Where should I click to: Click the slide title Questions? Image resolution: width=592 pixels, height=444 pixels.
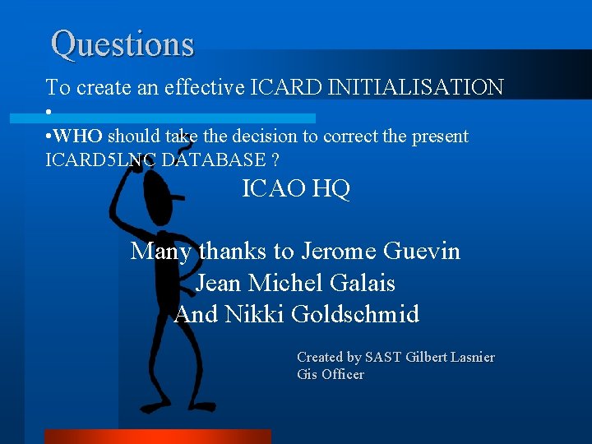pyautogui.click(x=123, y=44)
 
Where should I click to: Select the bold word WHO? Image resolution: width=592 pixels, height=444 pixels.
pyautogui.click(x=80, y=136)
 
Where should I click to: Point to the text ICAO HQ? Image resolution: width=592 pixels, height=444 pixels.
pyautogui.click(x=296, y=189)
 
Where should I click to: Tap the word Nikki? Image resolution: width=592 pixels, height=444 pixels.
pyautogui.click(x=253, y=314)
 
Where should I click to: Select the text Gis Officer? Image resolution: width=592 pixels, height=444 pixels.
pyautogui.click(x=330, y=375)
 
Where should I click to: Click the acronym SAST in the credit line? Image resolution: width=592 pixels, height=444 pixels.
pyautogui.click(x=383, y=357)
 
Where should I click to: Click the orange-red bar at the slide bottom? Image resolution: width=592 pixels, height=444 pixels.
pyautogui.click(x=157, y=436)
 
